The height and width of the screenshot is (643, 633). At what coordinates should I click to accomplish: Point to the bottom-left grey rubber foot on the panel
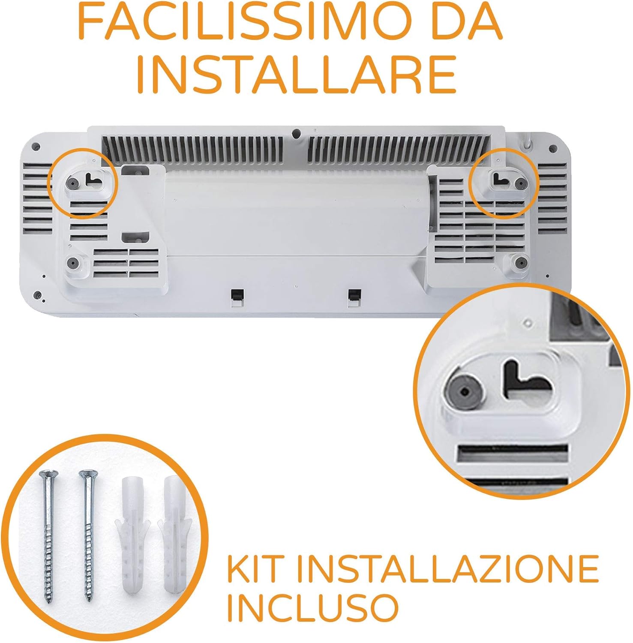tap(73, 262)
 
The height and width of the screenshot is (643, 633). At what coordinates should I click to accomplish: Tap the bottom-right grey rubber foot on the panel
tap(520, 261)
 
